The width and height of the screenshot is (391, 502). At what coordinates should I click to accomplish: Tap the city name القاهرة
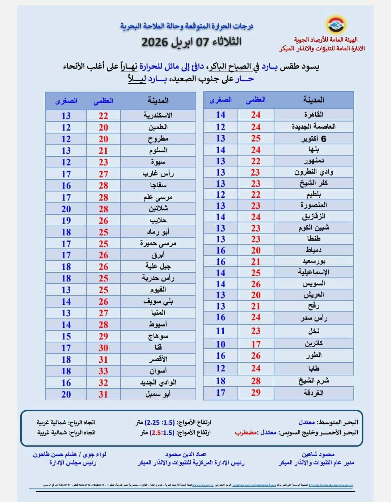pos(314,115)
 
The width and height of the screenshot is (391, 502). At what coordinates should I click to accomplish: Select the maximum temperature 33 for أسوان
pos(104,371)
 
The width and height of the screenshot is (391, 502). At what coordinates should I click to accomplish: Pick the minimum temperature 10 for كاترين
pos(220,344)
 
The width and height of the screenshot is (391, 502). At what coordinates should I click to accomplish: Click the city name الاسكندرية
pos(158,116)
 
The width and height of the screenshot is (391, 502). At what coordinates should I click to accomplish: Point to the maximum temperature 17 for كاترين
pos(256,344)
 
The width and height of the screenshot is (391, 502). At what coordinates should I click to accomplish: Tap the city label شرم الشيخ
pos(314,381)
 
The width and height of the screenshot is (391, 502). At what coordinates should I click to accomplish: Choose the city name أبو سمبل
pos(158,394)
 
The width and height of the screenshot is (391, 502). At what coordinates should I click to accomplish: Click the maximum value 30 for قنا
pos(104,348)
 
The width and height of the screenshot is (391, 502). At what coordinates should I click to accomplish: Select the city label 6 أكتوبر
pos(314,139)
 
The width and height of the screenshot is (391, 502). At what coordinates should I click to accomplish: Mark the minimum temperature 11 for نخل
pos(220,331)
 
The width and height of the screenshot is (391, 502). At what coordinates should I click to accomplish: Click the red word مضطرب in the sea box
pos(246,432)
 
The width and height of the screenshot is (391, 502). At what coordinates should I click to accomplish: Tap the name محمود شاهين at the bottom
pos(318,454)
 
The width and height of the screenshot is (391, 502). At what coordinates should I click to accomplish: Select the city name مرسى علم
pos(158,197)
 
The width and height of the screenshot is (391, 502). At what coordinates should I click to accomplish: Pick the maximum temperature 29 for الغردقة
pos(256,392)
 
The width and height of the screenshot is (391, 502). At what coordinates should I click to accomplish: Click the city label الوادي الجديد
pos(158,383)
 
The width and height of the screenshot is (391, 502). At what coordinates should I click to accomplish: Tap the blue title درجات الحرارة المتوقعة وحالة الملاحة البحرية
pos(186,26)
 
